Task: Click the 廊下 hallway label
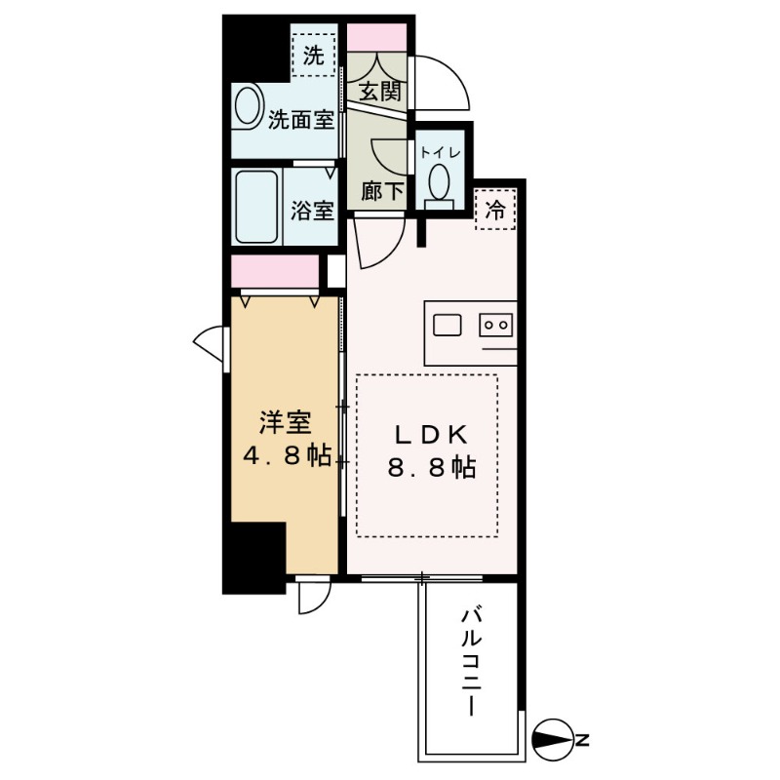pyautogui.click(x=381, y=192)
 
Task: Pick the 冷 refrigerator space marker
pyautogui.click(x=495, y=208)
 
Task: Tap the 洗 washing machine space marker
pyautogui.click(x=312, y=56)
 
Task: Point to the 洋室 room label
pyautogui.click(x=285, y=424)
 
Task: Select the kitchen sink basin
pyautogui.click(x=448, y=324)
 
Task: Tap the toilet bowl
pyautogui.click(x=440, y=182)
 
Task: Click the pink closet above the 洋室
pyautogui.click(x=275, y=271)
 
